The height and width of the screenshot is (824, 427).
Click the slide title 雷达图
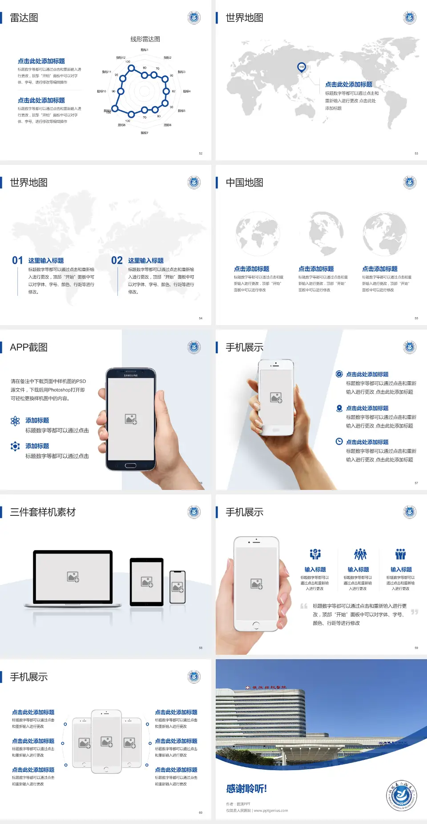24,18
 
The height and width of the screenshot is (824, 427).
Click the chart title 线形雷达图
145,39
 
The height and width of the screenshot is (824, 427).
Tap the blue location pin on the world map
302,67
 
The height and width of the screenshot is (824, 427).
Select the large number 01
17,261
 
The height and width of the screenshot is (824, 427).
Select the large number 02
117,261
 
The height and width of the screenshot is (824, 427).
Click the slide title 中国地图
244,183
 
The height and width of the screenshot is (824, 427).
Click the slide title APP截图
28,347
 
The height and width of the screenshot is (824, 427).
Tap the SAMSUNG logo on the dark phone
131,375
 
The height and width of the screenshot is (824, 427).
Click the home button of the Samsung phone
130,465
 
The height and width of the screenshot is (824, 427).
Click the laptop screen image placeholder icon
73,577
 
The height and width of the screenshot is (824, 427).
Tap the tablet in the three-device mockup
147,582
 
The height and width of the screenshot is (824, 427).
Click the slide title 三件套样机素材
43,512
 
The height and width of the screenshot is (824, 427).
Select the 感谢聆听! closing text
246,789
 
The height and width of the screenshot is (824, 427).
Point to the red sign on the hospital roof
266,688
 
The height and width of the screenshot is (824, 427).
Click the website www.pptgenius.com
271,811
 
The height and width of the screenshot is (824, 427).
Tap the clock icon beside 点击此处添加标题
339,441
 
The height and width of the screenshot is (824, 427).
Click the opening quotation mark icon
304,606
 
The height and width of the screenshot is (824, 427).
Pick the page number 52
201,154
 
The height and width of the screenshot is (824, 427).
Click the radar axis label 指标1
145,50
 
